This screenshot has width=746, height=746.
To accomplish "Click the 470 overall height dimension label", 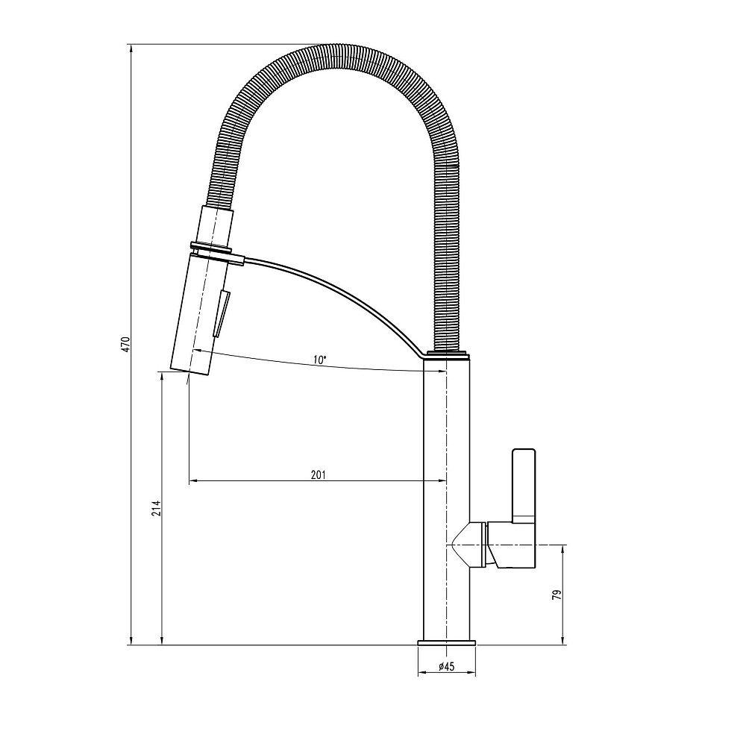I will click(x=126, y=344).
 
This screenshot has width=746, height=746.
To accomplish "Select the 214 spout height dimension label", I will click(x=156, y=509).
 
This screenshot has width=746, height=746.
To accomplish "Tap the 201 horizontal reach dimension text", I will click(x=318, y=474).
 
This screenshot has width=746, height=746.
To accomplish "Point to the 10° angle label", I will click(x=319, y=360).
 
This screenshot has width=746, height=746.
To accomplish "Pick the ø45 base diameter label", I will click(x=445, y=666).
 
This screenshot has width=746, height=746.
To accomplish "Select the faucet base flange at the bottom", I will click(x=446, y=642).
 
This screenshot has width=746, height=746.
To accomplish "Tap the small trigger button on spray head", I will click(x=222, y=314).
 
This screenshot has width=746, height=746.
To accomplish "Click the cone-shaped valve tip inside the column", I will click(x=463, y=545).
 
